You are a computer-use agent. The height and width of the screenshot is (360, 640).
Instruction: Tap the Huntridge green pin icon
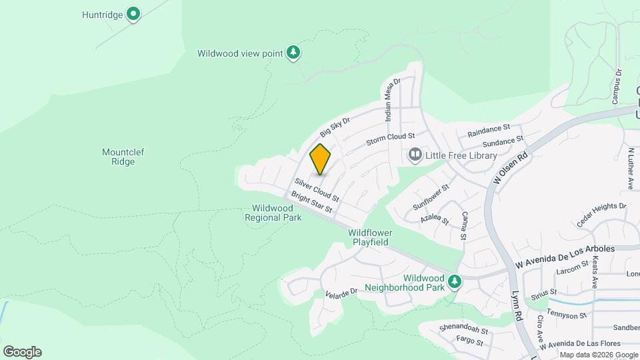pos(133,13)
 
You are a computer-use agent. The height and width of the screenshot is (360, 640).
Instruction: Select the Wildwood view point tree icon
pos(293,52)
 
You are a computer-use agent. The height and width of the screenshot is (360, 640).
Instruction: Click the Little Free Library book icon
pos(415,155)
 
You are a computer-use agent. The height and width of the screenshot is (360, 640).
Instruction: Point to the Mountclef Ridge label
pos(123,157)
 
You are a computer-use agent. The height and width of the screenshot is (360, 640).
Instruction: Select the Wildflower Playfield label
pos(370,237)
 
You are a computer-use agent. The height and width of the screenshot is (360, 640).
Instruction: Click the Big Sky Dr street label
pos(335,125)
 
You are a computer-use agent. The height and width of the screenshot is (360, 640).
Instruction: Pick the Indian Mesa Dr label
pos(391,101)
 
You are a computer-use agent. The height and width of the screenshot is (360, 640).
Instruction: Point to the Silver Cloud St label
pos(317,189)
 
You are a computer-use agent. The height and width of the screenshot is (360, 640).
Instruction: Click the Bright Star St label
pos(311,203)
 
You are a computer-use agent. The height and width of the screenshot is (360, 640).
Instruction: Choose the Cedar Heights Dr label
pos(601,215)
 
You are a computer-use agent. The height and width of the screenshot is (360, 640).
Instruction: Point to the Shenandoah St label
pos(464,330)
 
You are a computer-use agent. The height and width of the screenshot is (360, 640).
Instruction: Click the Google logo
pos(22,352)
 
